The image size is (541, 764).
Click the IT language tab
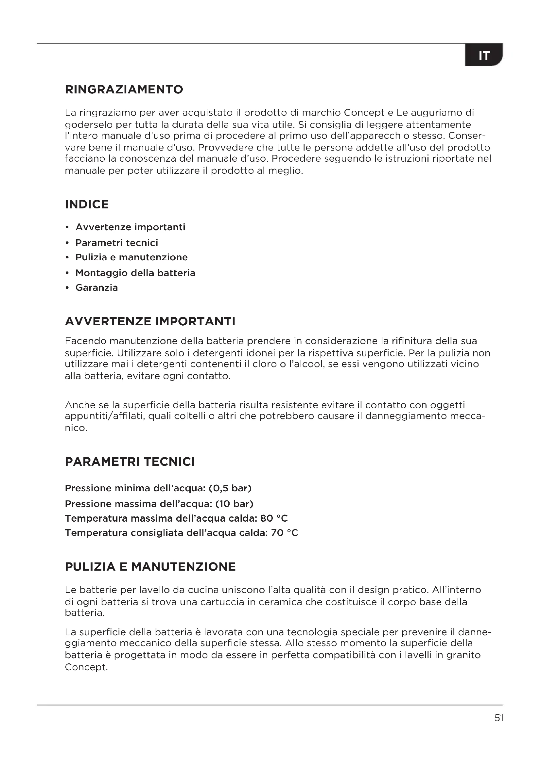pyautogui.click(x=484, y=55)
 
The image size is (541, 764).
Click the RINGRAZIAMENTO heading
pyautogui.click(x=124, y=89)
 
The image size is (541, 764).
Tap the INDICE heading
pyautogui.click(x=87, y=204)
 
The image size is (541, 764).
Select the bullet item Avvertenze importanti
pyautogui.click(x=130, y=227)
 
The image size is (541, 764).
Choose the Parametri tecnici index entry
pyautogui.click(x=116, y=243)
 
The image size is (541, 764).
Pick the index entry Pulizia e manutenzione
pyautogui.click(x=131, y=257)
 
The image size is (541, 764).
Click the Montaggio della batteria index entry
pyautogui.click(x=135, y=273)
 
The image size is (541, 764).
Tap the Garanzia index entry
pyautogui.click(x=96, y=287)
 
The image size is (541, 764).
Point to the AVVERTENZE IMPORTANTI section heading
pyautogui.click(x=150, y=321)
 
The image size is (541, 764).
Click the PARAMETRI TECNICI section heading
pyautogui.click(x=130, y=462)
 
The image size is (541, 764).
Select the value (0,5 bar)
pyautogui.click(x=230, y=488)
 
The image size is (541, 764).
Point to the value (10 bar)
pyautogui.click(x=234, y=504)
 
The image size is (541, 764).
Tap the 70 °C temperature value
pyautogui.click(x=285, y=533)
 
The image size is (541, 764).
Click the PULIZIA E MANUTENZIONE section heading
pyautogui.click(x=150, y=567)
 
